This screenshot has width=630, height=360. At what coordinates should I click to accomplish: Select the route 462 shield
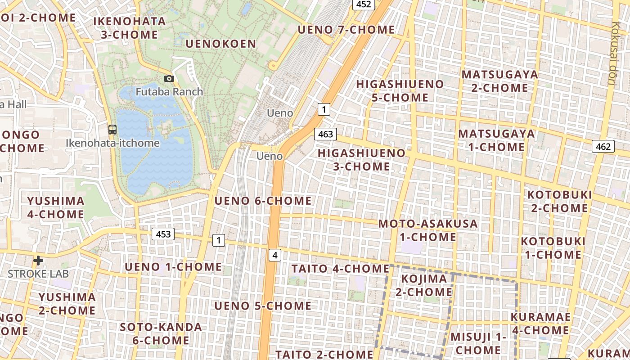(603, 146)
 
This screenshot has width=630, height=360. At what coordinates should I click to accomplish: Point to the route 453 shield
(163, 234)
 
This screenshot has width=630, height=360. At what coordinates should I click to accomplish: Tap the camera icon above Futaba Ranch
(169, 79)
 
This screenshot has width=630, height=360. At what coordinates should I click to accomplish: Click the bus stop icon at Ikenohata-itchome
(112, 130)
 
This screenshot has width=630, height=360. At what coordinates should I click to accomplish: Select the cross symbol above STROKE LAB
(38, 260)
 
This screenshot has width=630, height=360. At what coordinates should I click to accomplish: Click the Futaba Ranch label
(169, 92)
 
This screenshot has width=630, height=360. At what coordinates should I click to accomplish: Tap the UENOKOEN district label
(221, 44)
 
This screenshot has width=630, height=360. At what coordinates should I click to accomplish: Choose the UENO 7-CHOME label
(346, 30)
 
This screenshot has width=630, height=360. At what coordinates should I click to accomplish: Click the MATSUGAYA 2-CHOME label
(499, 81)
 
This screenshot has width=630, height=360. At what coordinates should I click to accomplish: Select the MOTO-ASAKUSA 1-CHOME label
(427, 230)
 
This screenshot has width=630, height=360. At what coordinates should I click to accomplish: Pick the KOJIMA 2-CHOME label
(423, 285)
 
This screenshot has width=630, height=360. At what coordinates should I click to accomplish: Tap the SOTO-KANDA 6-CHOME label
(161, 333)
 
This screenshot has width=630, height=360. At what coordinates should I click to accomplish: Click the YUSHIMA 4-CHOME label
(56, 207)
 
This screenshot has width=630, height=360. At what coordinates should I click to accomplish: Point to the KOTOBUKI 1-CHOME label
(553, 248)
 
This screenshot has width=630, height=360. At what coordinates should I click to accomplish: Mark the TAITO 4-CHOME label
(340, 269)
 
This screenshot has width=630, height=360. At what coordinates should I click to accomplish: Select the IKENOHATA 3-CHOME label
(130, 28)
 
